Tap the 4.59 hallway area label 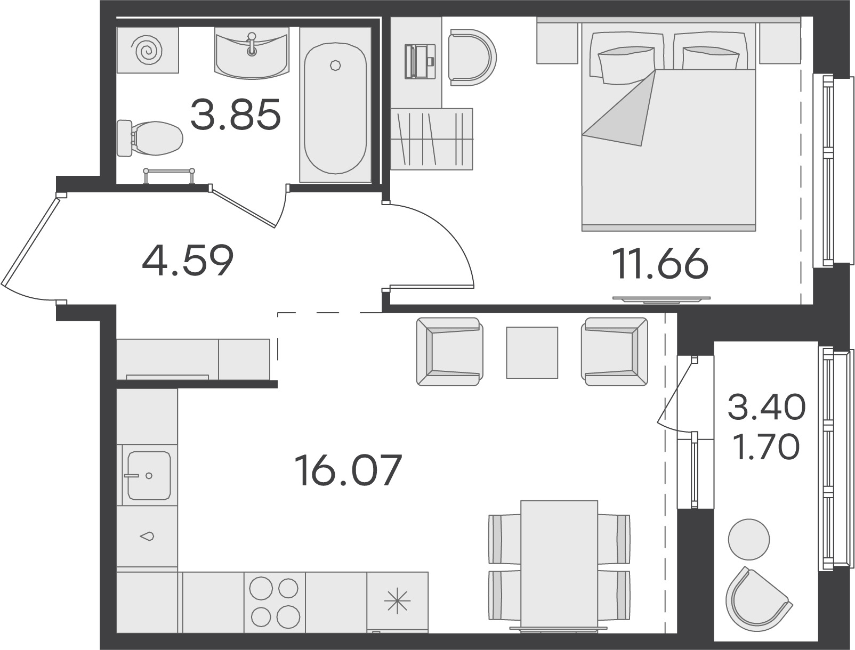click(188, 261)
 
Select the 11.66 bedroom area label click(660, 264)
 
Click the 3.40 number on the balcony click(766, 407)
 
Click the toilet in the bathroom click(150, 138)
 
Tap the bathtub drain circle click(335, 65)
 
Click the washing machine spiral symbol click(147, 50)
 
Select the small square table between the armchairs click(531, 352)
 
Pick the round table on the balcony click(749, 540)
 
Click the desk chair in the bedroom click(472, 57)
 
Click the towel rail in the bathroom click(169, 175)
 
